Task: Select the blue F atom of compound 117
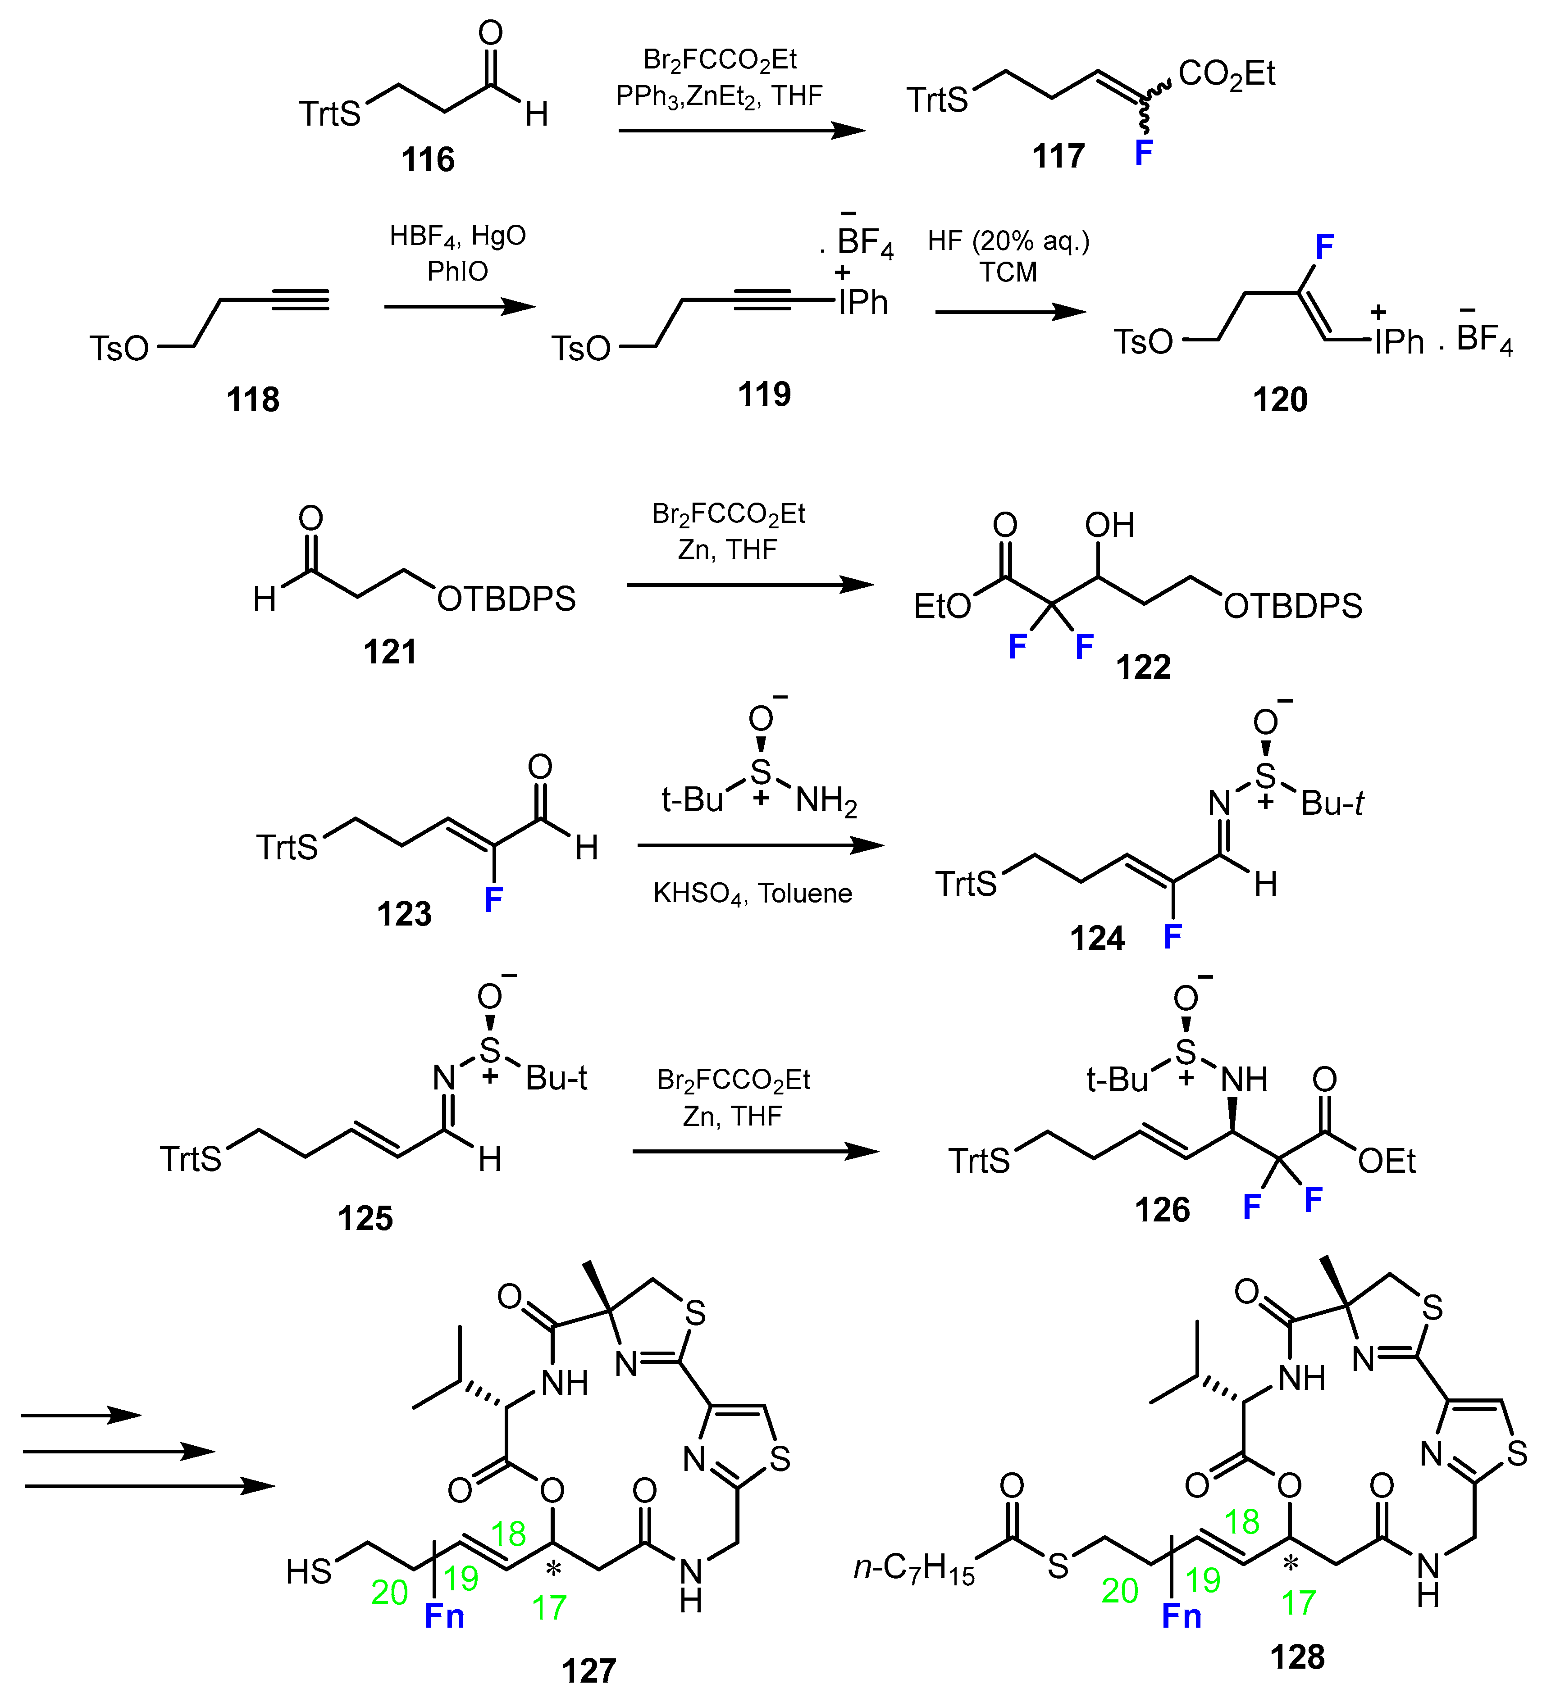(x=1143, y=153)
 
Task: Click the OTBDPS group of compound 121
(x=506, y=599)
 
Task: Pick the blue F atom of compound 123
(x=493, y=900)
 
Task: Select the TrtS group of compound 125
(x=191, y=1159)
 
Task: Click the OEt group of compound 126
(x=1386, y=1162)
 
